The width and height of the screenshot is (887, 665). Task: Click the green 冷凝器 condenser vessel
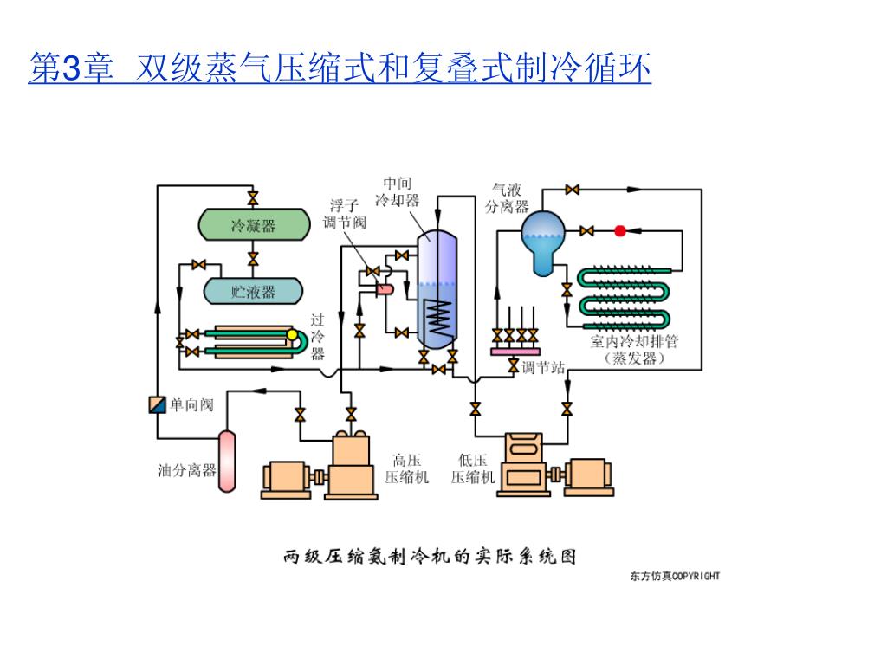point(253,226)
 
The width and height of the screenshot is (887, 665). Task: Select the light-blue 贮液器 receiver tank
point(253,292)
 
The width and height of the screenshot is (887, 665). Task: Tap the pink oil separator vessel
point(227,460)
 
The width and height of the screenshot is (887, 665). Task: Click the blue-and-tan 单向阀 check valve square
point(157,404)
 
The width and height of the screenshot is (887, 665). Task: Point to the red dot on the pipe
point(620,230)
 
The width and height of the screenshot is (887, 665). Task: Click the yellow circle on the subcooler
point(292,335)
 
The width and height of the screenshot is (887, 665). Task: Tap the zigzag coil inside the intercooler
point(440,317)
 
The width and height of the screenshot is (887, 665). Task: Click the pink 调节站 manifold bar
point(514,351)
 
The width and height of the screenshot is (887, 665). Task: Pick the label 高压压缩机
point(406,468)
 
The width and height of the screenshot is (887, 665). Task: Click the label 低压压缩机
point(472,468)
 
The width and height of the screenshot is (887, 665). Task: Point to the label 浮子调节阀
point(344,214)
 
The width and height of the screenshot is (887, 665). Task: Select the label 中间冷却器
point(398,191)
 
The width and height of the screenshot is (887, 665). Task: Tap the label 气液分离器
point(507,197)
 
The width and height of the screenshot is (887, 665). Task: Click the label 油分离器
point(186,470)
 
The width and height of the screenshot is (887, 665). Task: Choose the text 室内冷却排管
point(634,341)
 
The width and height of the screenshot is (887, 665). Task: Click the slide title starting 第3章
point(340,69)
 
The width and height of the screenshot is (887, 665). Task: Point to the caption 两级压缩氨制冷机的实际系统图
point(430,555)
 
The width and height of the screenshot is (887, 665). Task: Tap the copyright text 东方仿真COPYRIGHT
point(675,576)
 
